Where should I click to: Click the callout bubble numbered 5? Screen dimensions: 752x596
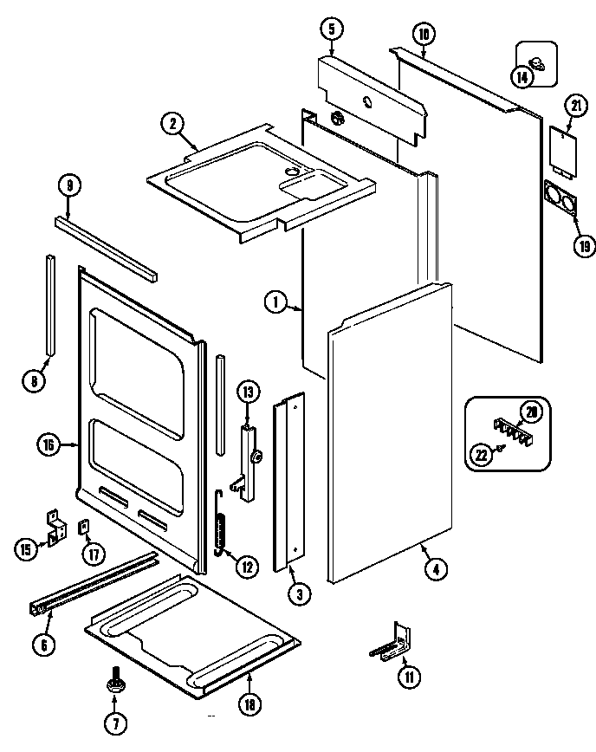click(x=330, y=29)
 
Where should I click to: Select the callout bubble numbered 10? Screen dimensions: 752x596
click(x=423, y=36)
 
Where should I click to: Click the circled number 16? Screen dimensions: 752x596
click(x=49, y=445)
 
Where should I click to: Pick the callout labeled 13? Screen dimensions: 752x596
click(x=249, y=392)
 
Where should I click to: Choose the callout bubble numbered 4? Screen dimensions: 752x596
click(x=436, y=569)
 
